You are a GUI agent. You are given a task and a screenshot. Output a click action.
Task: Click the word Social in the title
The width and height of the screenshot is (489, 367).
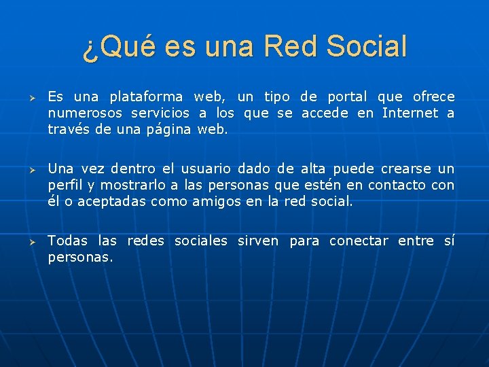click(x=367, y=47)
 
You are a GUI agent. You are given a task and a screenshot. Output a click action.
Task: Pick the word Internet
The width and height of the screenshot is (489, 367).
click(x=410, y=113)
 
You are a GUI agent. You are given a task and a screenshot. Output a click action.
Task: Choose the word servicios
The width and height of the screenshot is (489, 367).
click(x=160, y=113)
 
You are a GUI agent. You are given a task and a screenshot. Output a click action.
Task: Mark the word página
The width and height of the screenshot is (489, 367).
click(x=169, y=130)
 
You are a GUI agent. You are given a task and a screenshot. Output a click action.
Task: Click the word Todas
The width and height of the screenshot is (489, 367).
click(x=68, y=241)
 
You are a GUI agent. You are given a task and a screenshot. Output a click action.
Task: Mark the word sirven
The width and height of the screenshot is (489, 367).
click(x=258, y=241)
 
